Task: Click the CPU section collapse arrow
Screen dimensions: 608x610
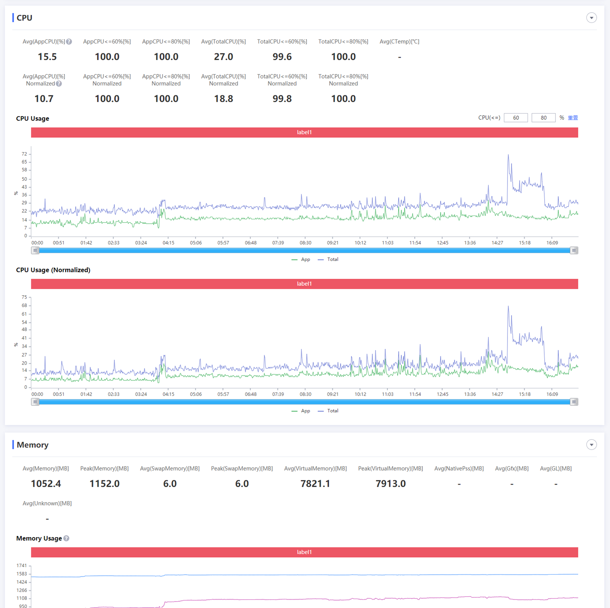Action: click(591, 18)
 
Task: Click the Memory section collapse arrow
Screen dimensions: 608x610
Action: click(591, 445)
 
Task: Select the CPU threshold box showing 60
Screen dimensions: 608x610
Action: click(515, 118)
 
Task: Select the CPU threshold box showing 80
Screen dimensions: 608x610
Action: click(543, 118)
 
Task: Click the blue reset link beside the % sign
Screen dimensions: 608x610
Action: click(573, 118)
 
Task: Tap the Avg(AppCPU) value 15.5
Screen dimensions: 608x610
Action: click(47, 57)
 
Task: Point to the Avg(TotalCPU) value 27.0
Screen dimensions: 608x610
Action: click(223, 57)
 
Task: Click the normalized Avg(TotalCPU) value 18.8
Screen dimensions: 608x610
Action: click(223, 99)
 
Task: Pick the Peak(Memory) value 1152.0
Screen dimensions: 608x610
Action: click(104, 484)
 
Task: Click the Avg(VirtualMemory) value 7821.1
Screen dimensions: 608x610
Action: click(315, 484)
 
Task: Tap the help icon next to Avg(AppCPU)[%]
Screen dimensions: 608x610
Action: click(69, 42)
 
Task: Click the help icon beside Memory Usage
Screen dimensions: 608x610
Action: click(66, 538)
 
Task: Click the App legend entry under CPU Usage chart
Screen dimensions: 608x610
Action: click(301, 259)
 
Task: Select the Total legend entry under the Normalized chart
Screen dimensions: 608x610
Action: click(328, 411)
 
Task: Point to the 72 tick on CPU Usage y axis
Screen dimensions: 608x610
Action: click(24, 154)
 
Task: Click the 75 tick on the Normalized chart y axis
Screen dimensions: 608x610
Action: click(24, 297)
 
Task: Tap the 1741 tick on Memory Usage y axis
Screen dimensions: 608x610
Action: click(22, 566)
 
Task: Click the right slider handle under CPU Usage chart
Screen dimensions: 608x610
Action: click(574, 251)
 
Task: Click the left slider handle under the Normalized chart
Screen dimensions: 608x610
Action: click(35, 402)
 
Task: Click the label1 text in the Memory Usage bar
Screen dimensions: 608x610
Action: click(304, 552)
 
